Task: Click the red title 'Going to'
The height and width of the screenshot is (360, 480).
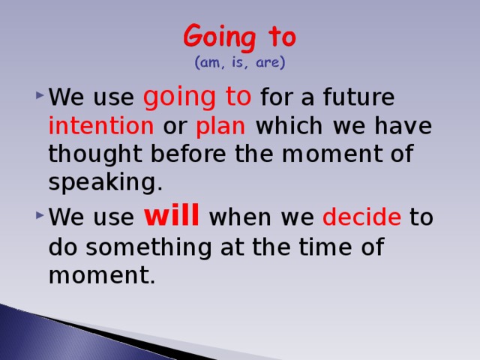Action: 239,36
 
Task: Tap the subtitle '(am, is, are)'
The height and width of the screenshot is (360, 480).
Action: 239,64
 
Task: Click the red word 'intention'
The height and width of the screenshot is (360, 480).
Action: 100,126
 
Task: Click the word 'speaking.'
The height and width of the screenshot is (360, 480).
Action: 105,182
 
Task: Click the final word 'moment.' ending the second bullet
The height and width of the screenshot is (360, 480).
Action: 101,276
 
